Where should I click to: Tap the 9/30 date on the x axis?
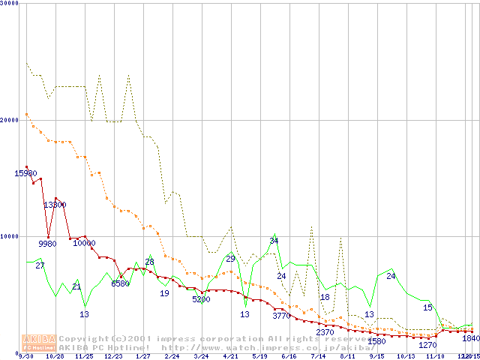pyautogui.click(x=25, y=356)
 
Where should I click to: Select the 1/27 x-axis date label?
pyautogui.click(x=143, y=356)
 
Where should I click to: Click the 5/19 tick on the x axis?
pyautogui.click(x=260, y=356)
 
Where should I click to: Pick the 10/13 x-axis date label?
pyautogui.click(x=406, y=356)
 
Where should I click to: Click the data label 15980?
pyautogui.click(x=26, y=174)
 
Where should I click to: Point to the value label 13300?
pyautogui.click(x=55, y=205)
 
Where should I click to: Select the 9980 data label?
pyautogui.click(x=47, y=244)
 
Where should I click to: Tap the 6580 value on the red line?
pyautogui.click(x=120, y=283)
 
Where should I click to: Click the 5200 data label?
pyautogui.click(x=201, y=299)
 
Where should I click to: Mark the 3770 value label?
pyautogui.click(x=281, y=316)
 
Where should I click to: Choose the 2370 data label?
pyautogui.click(x=325, y=332)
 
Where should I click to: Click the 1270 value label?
pyautogui.click(x=427, y=345)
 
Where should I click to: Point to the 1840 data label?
pyautogui.click(x=470, y=339)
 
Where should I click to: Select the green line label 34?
pyautogui.click(x=274, y=241)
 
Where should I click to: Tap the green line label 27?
pyautogui.click(x=40, y=265)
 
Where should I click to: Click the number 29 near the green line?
pyautogui.click(x=230, y=259)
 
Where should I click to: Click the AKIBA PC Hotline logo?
pyautogui.click(x=40, y=343)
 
